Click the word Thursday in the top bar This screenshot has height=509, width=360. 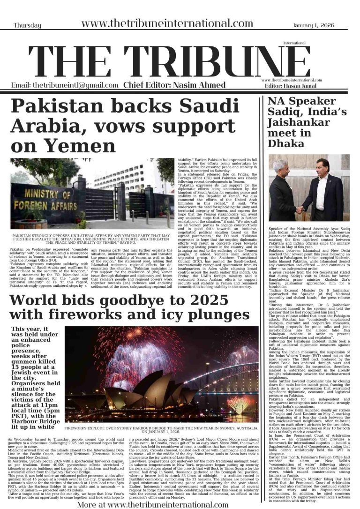coord(27,25)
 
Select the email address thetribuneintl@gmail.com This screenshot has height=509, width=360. coord(65,85)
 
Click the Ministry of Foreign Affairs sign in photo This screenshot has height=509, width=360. coord(45,203)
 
